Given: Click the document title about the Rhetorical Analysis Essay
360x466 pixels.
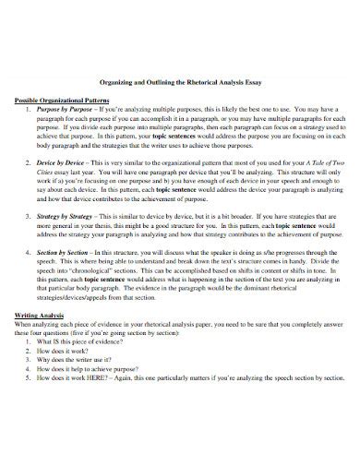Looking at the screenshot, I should click(179, 80).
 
